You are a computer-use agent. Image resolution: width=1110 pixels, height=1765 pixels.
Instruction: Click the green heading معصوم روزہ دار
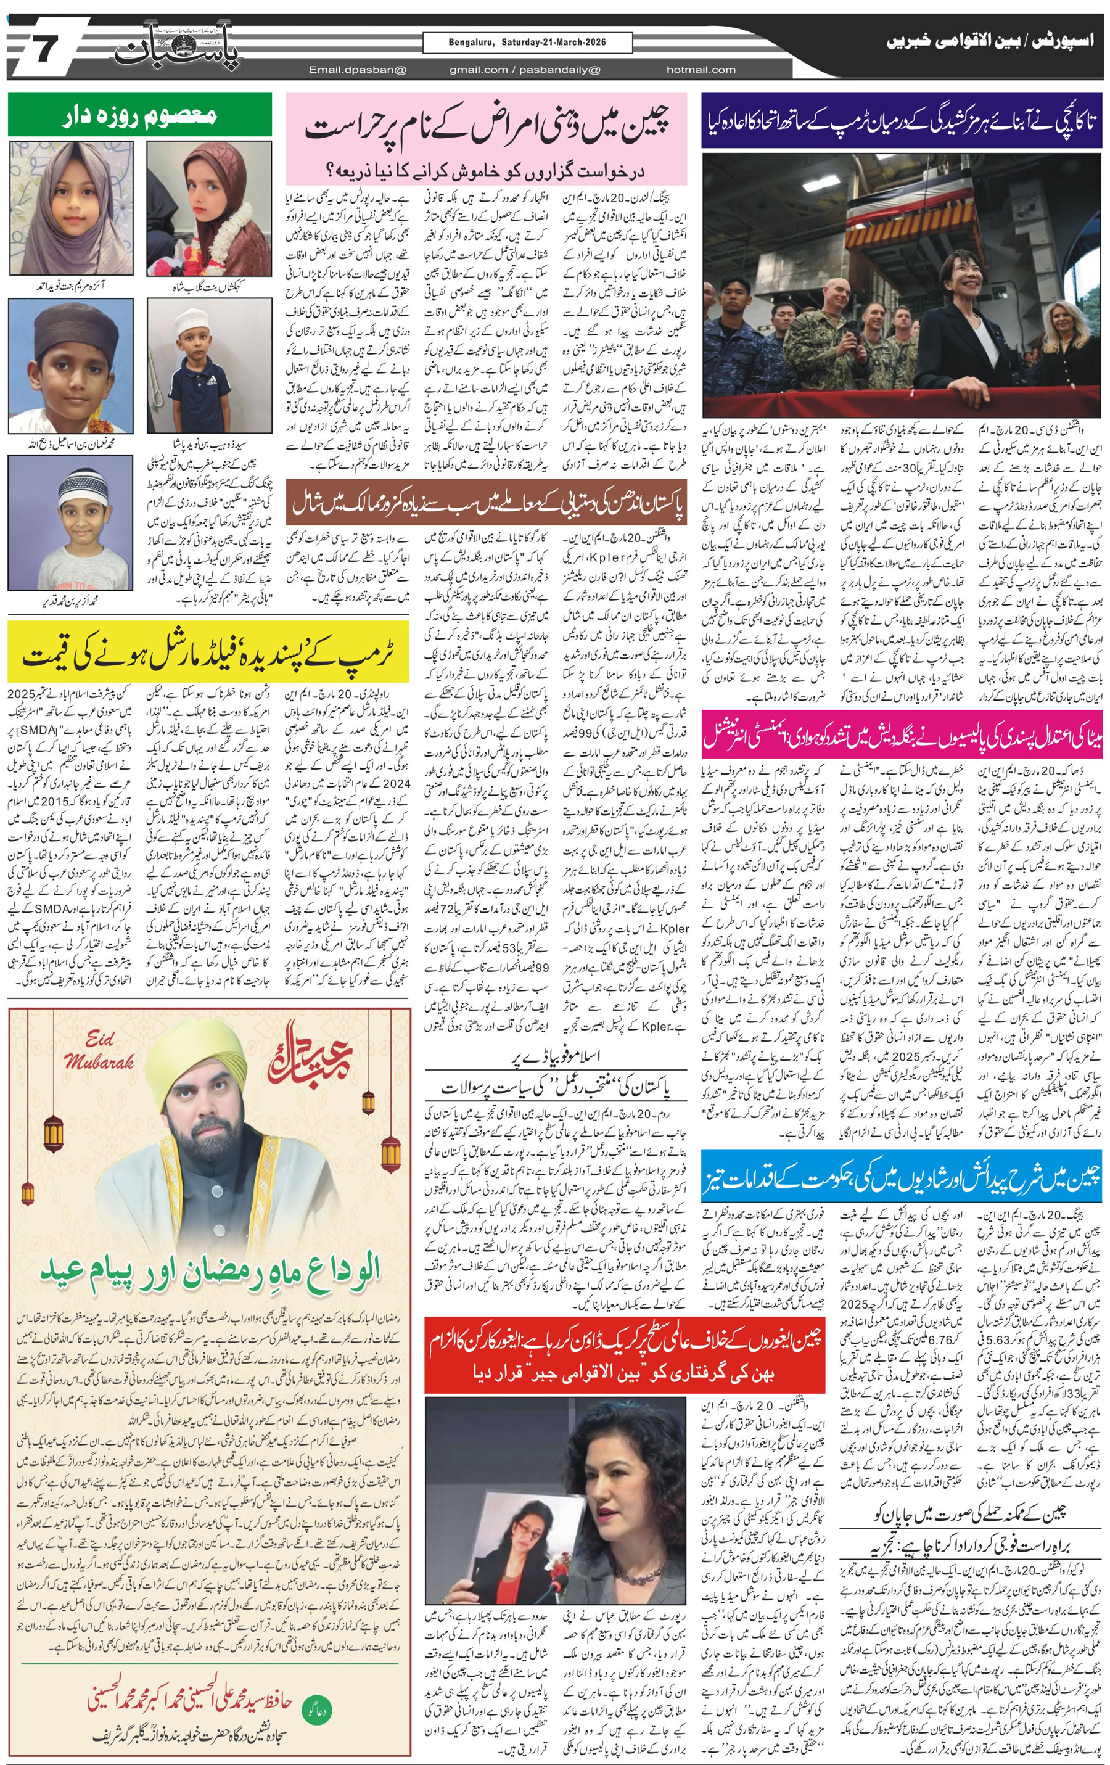[x=139, y=115]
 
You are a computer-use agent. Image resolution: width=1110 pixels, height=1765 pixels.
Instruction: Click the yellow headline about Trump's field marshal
[x=208, y=656]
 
